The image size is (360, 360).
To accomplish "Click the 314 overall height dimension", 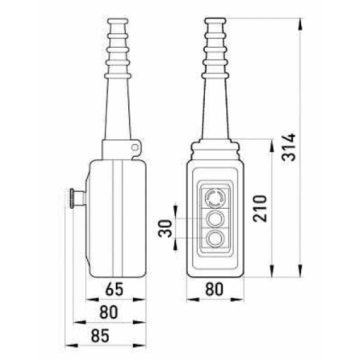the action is tap(289, 147).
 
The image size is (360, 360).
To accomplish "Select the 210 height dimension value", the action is tap(260, 208).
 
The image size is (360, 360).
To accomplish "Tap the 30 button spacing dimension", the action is tap(165, 228).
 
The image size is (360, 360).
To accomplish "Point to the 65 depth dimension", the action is tap(115, 289).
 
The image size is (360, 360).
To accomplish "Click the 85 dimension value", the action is tap(100, 336).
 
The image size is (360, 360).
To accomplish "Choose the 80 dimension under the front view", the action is tap(214, 289).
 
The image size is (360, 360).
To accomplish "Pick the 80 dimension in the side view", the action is tap(109, 312).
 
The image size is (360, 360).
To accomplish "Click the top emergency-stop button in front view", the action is tap(215, 197).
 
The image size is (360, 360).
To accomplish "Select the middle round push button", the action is tap(215, 219).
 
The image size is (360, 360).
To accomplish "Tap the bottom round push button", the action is tap(215, 239).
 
